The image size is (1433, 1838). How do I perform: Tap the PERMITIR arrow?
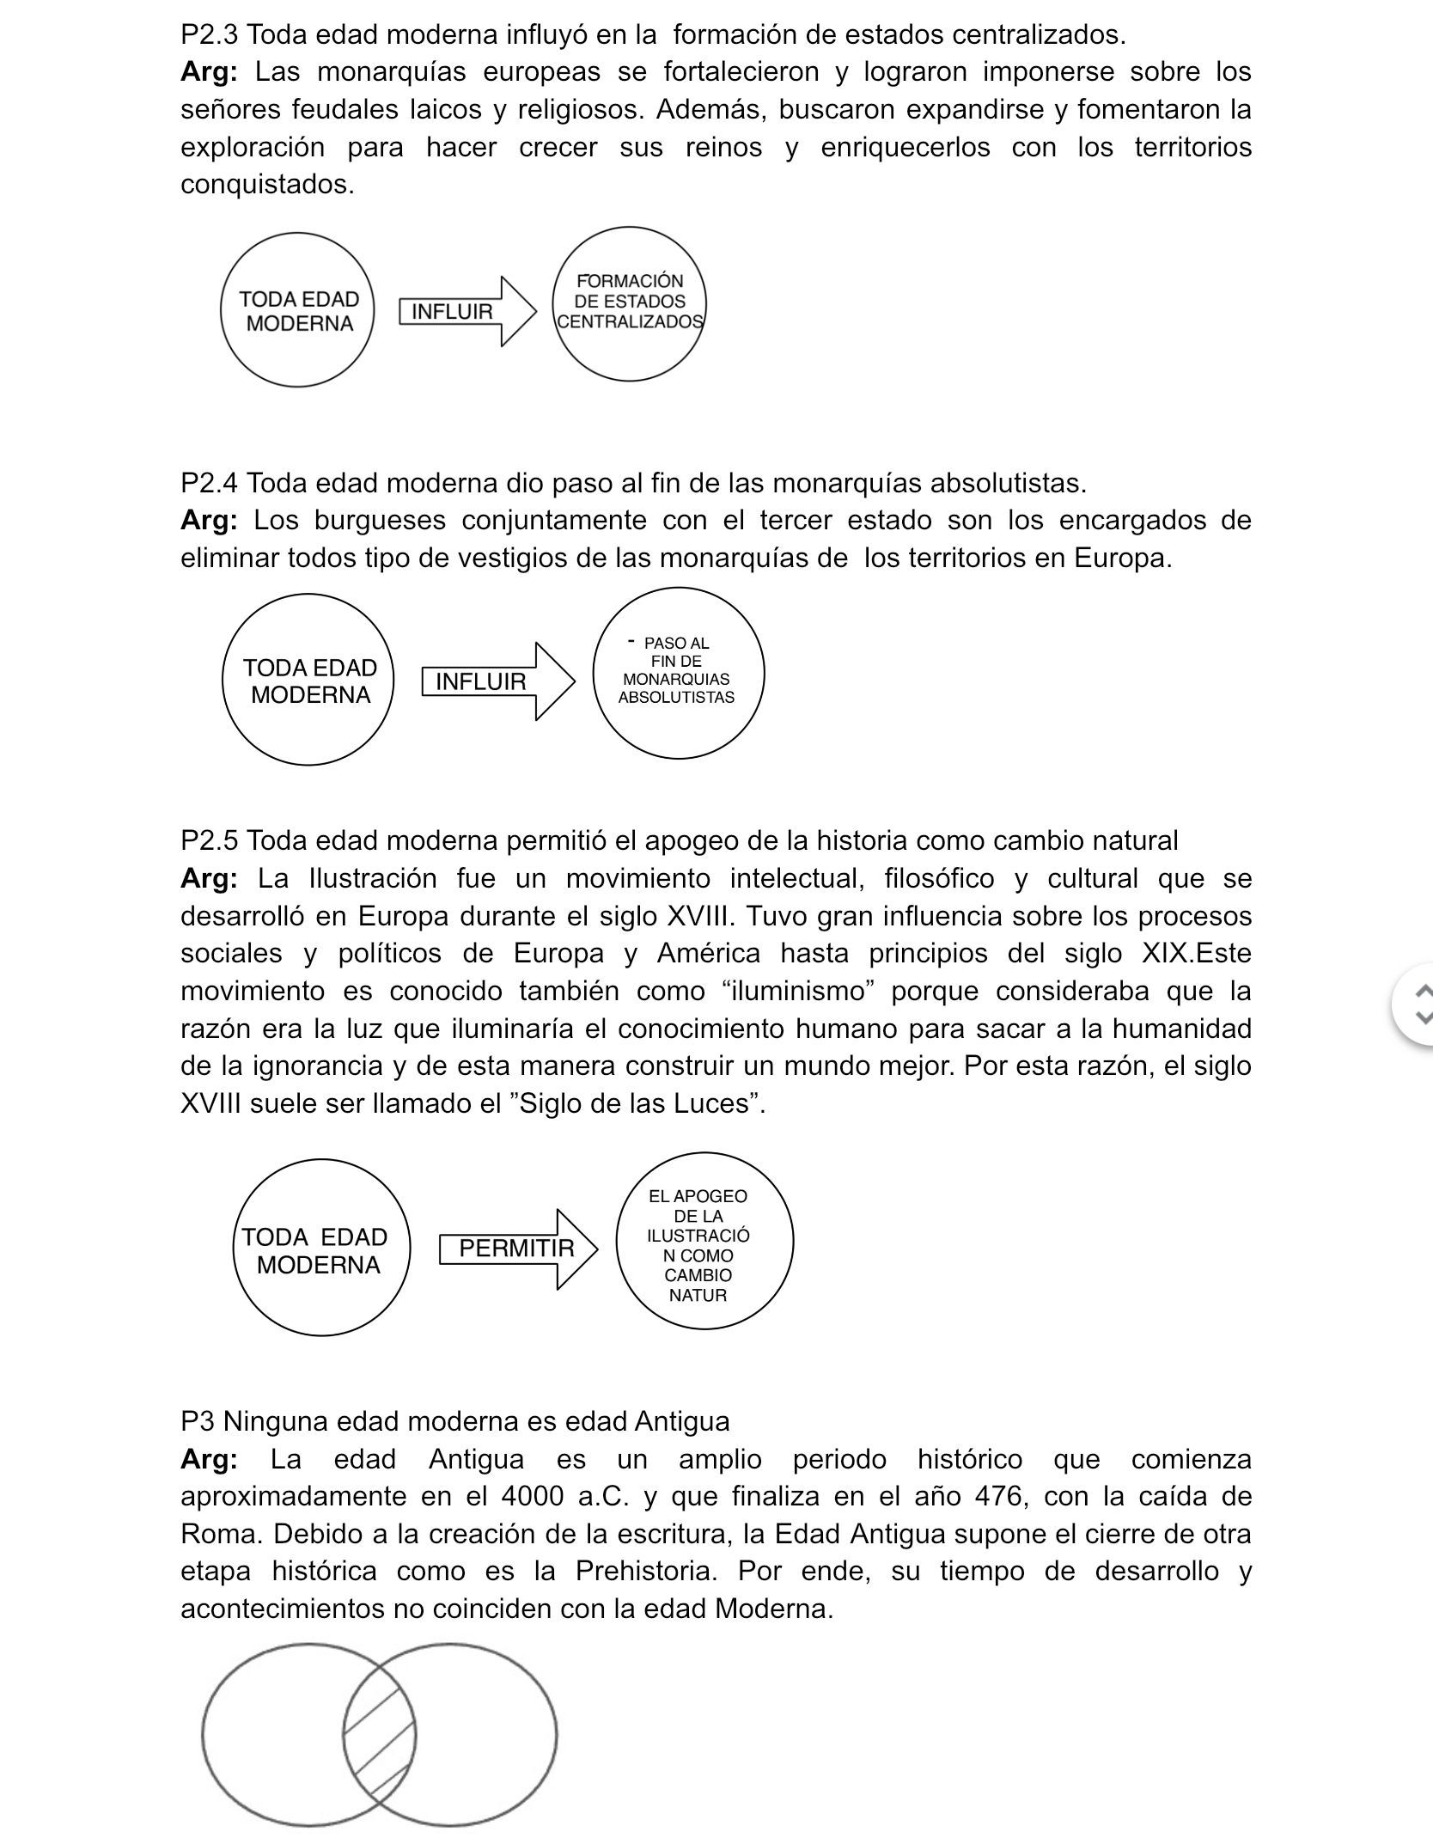pyautogui.click(x=518, y=1249)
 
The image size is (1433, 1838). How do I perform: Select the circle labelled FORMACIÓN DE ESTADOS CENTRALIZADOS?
pyautogui.click(x=630, y=303)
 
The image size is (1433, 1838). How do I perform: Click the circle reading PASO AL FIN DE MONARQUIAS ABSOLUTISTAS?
pyautogui.click(x=678, y=673)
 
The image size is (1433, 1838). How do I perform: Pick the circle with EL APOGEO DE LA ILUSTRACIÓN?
pyautogui.click(x=704, y=1242)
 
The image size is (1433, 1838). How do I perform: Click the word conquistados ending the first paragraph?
pyautogui.click(x=266, y=185)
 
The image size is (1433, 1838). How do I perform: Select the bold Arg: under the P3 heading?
pyautogui.click(x=209, y=1460)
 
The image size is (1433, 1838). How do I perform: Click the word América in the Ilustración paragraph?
pyautogui.click(x=709, y=954)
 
